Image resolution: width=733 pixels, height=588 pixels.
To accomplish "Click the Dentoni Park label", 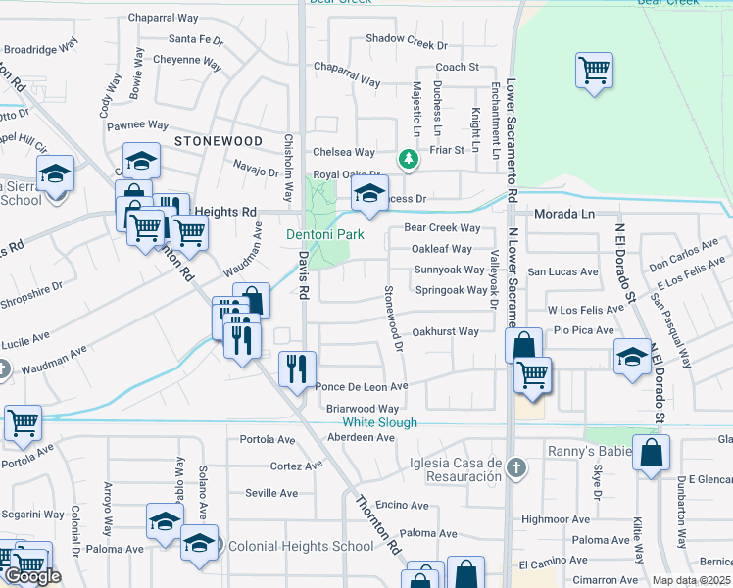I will click(x=325, y=235).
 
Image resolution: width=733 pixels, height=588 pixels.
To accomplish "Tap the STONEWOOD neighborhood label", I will click(x=219, y=141).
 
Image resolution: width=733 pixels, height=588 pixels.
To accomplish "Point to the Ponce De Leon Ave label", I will click(x=361, y=387).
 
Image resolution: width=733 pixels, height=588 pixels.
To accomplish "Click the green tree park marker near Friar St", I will click(x=408, y=158).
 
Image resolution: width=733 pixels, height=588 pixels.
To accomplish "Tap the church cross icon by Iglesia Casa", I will click(x=519, y=468).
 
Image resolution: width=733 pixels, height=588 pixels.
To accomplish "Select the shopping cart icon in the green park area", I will click(x=594, y=71).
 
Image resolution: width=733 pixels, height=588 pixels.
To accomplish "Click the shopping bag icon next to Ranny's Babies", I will click(x=651, y=454).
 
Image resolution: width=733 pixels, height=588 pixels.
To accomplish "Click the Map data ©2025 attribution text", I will click(x=691, y=580).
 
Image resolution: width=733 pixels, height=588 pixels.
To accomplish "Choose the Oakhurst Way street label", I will click(x=445, y=331).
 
